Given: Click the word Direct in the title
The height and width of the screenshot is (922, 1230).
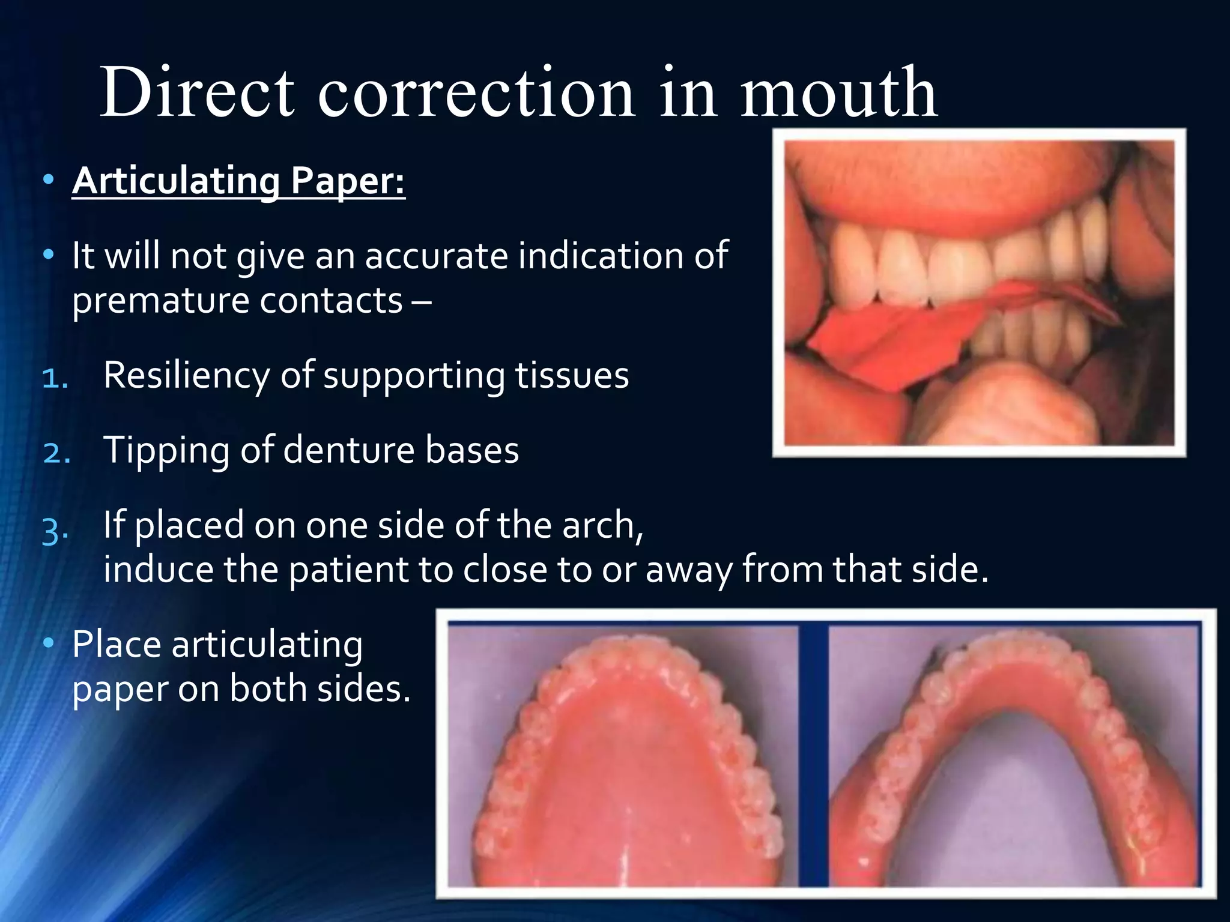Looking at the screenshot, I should pos(197,93).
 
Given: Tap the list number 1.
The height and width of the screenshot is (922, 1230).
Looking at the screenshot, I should pos(55,378).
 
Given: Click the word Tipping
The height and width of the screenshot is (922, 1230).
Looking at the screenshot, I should pos(166,451).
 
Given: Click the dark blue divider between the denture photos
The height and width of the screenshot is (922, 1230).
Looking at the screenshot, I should pos(813,756).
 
